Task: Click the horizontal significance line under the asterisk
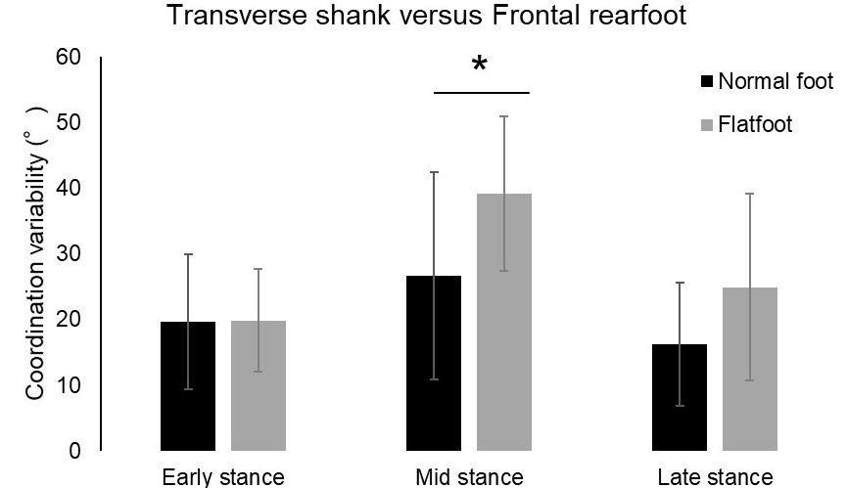[x=481, y=93]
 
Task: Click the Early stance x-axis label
[x=223, y=477]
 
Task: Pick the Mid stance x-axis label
[x=469, y=477]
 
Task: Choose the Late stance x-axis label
[x=715, y=477]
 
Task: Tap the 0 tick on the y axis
[x=73, y=452]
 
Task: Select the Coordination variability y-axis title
[x=35, y=253]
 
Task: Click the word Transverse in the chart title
[x=214, y=17]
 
